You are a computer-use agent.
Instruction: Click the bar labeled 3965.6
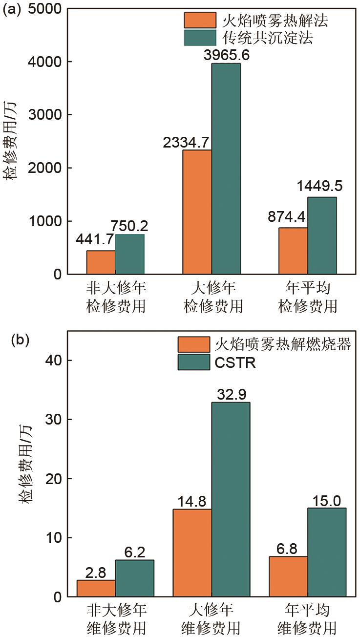click(226, 169)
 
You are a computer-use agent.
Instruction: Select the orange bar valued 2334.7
click(197, 212)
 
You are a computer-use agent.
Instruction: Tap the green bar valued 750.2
click(130, 254)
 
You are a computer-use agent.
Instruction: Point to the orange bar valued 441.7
click(101, 262)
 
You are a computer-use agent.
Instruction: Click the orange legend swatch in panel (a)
click(199, 20)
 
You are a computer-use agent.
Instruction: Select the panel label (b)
click(19, 340)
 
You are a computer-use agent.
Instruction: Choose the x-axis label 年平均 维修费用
click(308, 618)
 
